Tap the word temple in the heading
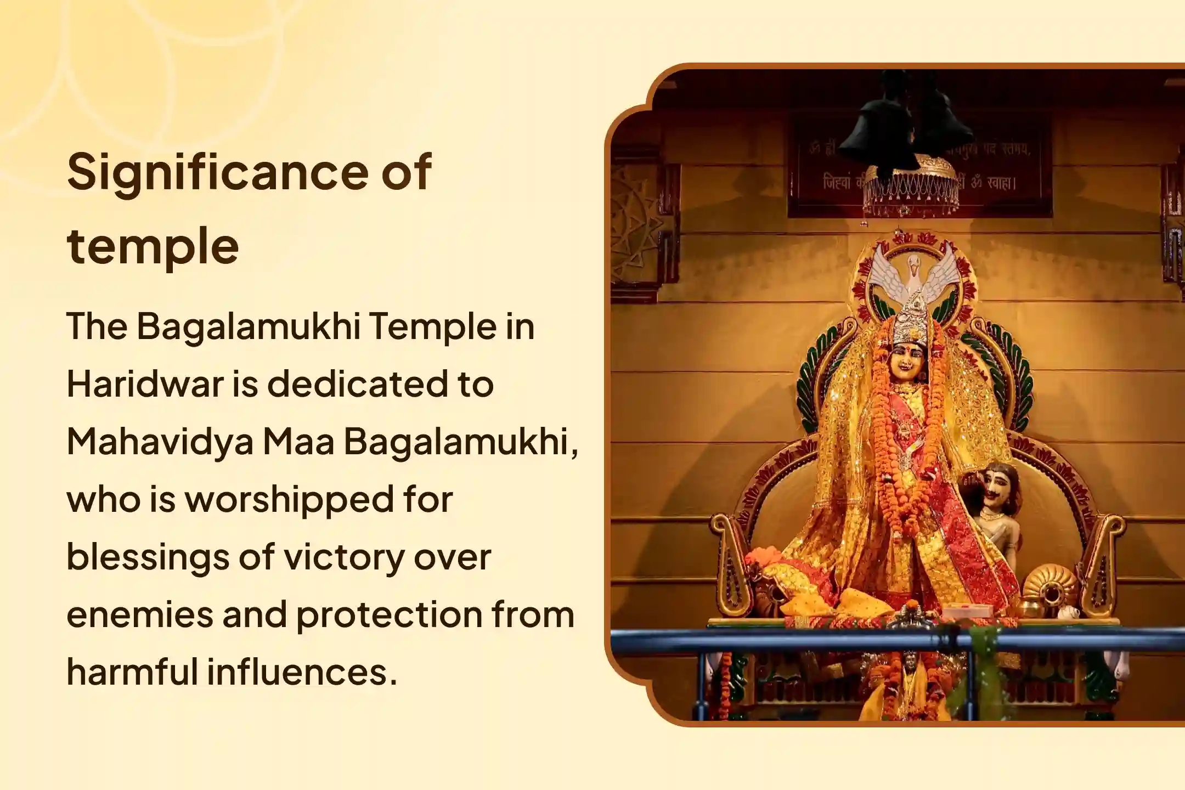[x=153, y=246]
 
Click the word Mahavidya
[x=160, y=442]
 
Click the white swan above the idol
[x=912, y=274]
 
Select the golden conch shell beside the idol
[x=1049, y=587]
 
